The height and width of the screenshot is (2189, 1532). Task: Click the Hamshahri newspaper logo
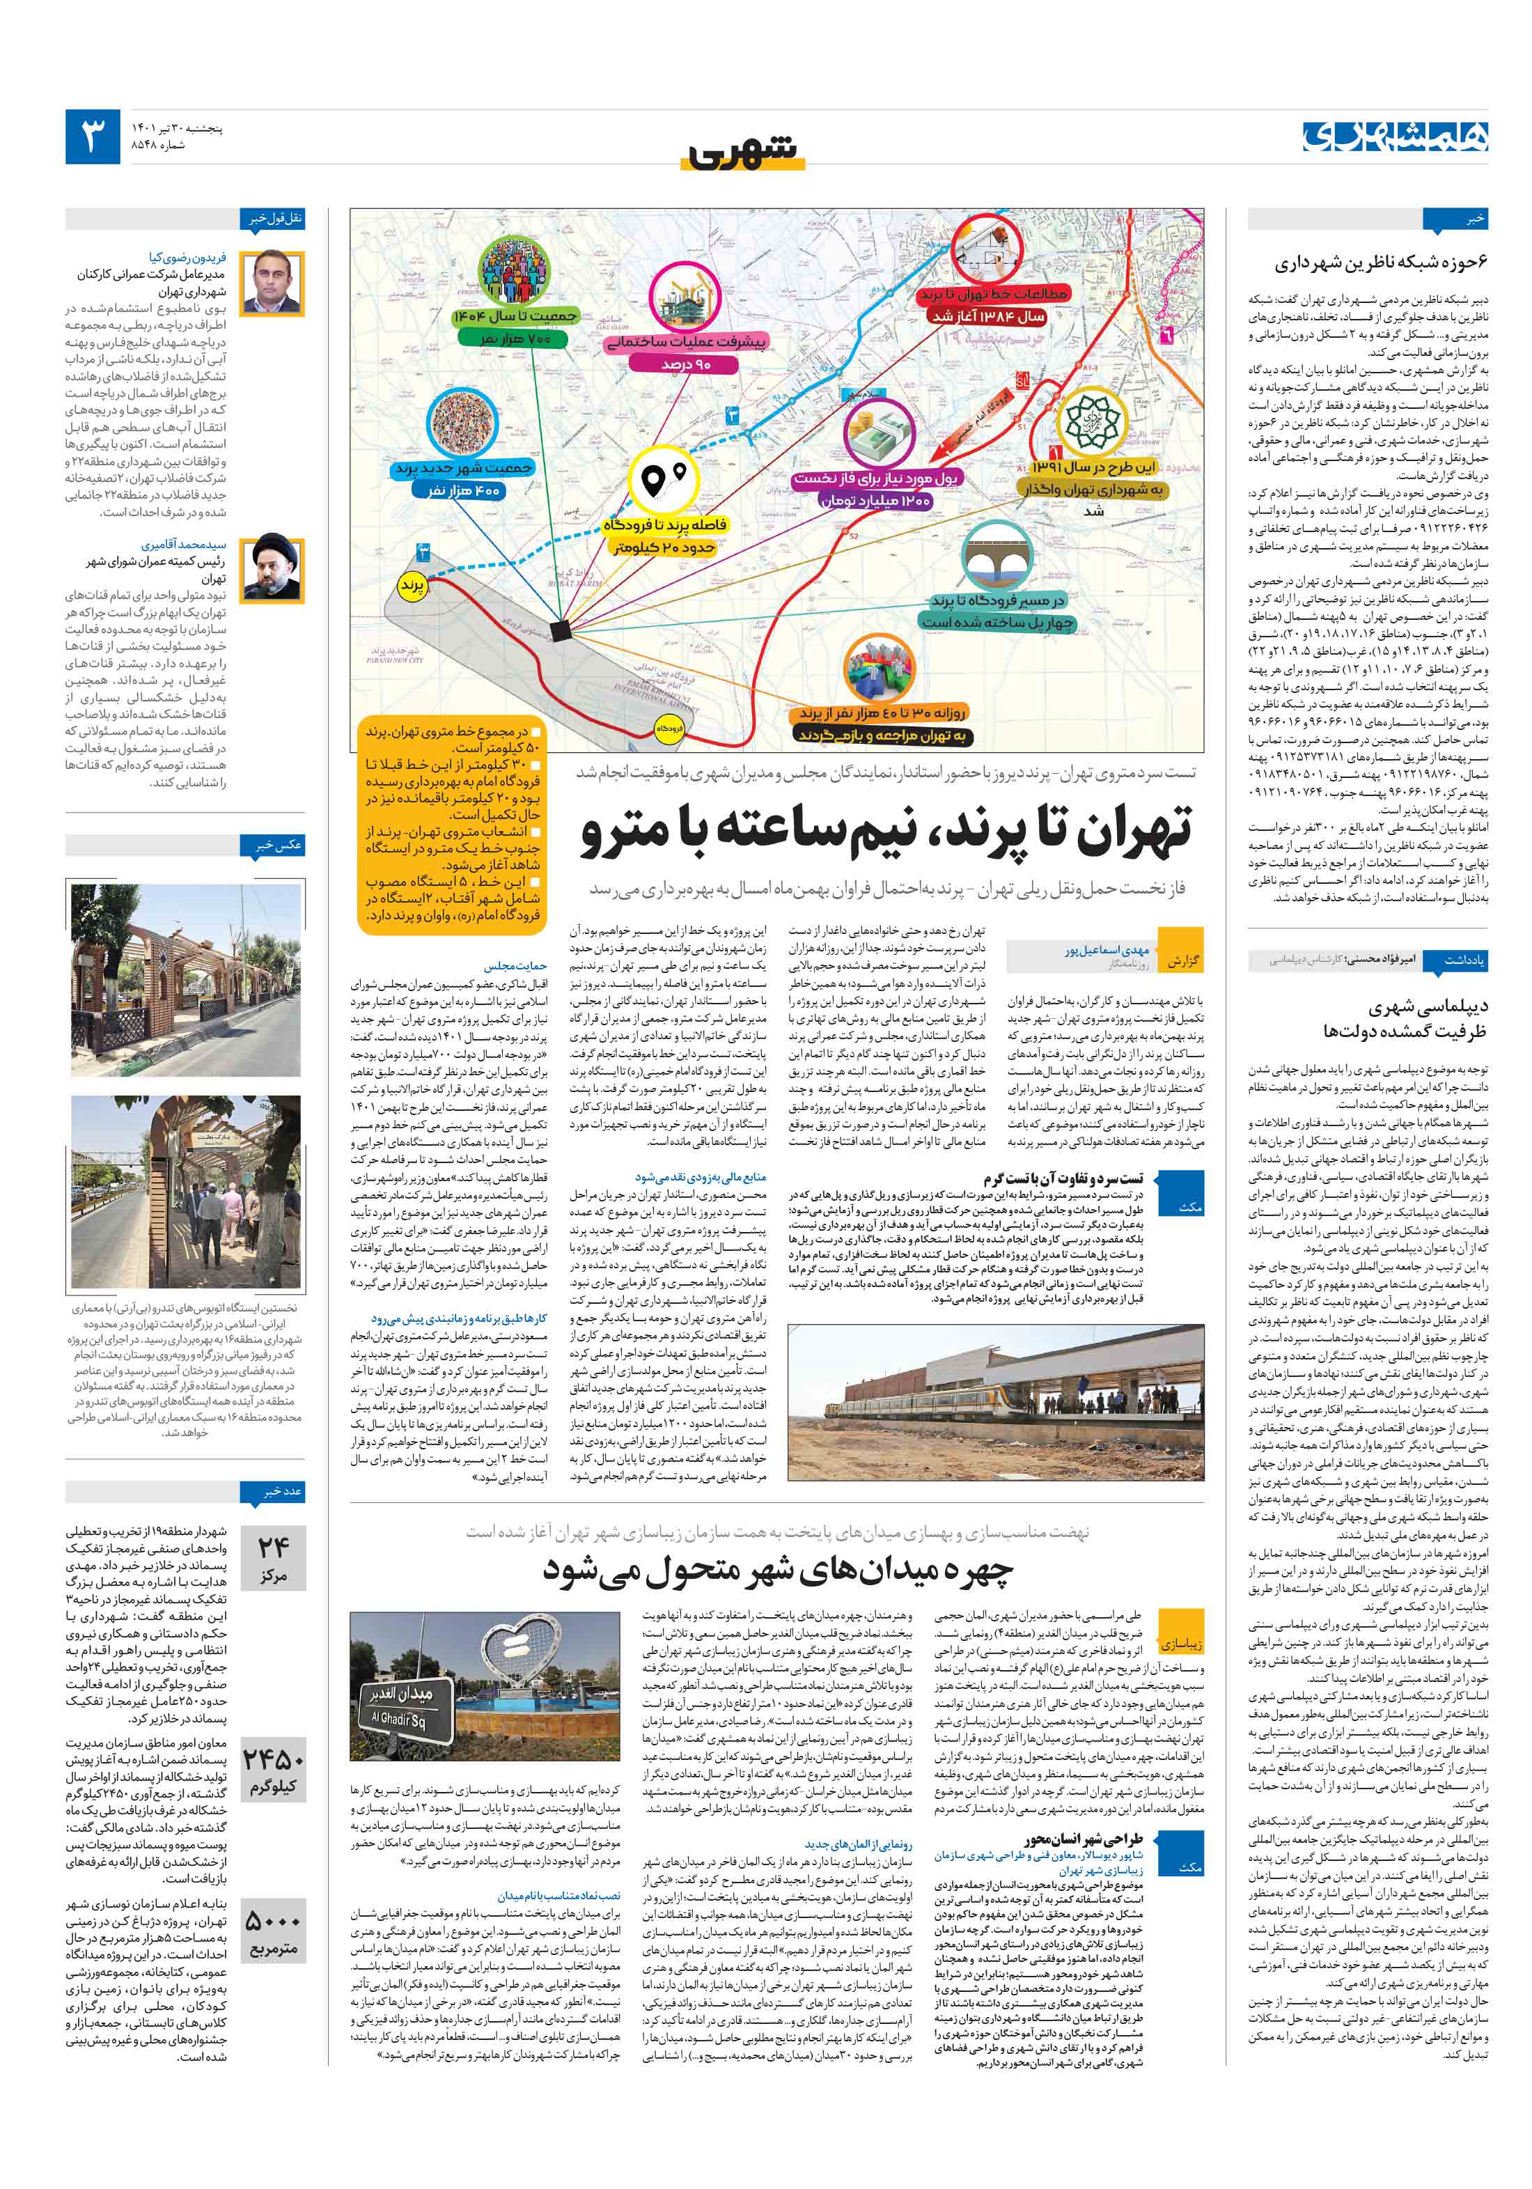[x=1395, y=137]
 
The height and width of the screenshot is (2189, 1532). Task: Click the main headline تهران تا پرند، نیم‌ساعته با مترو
[x=886, y=830]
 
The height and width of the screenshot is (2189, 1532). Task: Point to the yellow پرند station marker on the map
[x=412, y=586]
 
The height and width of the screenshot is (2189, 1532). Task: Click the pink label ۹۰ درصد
[x=687, y=364]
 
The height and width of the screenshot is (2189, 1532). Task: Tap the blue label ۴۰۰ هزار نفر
[x=463, y=490]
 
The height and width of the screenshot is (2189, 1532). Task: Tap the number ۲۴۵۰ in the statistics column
[x=274, y=1758]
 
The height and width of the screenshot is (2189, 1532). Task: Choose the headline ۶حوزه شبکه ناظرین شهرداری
[x=1380, y=262]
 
